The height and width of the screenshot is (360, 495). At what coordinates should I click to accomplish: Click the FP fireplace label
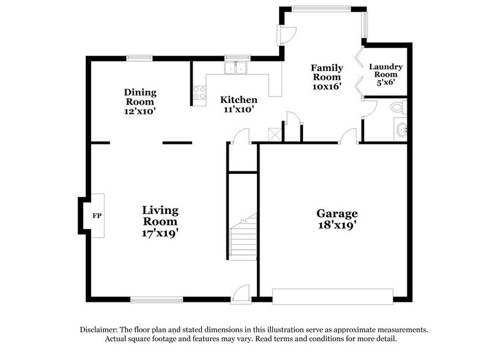[96, 216]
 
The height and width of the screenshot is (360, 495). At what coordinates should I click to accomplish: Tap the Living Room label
[160, 216]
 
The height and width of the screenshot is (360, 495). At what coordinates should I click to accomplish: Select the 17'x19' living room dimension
[160, 233]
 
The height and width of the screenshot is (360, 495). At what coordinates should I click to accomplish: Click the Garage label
[337, 214]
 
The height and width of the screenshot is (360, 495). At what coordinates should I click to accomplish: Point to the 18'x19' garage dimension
[337, 225]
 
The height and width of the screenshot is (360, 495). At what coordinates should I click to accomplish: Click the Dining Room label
[141, 97]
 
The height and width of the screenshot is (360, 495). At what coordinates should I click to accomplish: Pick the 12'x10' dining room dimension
[141, 112]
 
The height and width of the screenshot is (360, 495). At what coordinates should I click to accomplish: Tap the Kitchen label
[239, 100]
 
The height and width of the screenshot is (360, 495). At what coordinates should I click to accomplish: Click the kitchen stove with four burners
[199, 93]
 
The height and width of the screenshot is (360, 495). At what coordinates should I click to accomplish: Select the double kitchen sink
[235, 67]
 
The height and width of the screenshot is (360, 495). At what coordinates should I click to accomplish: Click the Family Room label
[327, 72]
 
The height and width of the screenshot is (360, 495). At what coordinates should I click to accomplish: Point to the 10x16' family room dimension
[327, 87]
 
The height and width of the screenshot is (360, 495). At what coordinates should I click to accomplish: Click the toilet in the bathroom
[398, 108]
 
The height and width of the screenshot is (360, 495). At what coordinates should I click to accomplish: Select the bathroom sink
[401, 130]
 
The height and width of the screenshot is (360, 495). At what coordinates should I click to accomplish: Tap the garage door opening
[332, 297]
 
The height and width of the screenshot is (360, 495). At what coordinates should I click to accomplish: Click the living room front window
[157, 299]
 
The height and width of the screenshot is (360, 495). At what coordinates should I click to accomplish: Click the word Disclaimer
[101, 329]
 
